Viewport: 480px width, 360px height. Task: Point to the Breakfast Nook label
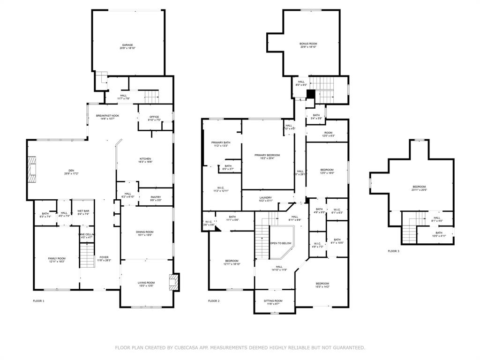pos(107,115)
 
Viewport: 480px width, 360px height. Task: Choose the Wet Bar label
pos(83,211)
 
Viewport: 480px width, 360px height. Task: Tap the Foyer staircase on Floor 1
pos(87,256)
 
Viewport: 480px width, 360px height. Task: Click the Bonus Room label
pos(308,44)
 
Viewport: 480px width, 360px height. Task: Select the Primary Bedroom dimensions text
pos(267,158)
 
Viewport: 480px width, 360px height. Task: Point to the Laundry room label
pos(266,198)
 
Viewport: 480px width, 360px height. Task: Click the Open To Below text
pos(281,243)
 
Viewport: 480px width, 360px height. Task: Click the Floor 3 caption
pos(393,251)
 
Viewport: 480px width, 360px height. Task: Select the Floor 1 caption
pos(38,300)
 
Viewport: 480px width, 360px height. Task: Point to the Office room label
pos(154,117)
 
